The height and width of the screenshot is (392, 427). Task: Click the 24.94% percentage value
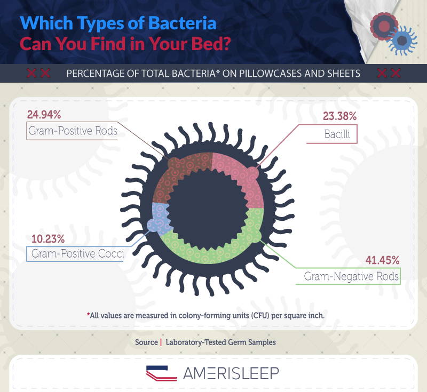[x=44, y=115]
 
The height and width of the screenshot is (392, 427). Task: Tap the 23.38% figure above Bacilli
[x=339, y=116]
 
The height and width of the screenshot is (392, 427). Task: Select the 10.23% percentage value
[x=48, y=239]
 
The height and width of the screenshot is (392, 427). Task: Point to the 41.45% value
[x=382, y=260]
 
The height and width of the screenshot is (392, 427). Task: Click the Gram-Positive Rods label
[x=73, y=131]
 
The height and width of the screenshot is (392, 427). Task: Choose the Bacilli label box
[x=331, y=134]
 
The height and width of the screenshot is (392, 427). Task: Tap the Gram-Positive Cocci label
[x=77, y=253]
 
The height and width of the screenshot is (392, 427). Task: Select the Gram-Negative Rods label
[x=351, y=276]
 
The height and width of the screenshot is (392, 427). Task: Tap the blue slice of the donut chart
[x=159, y=218]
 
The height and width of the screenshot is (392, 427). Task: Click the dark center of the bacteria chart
[x=208, y=209]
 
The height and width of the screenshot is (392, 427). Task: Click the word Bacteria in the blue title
[x=183, y=23]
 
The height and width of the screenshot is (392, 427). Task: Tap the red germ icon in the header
[x=384, y=26]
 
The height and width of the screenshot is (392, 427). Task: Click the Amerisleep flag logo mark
[x=162, y=373]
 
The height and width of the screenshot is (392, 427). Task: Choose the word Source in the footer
[x=146, y=342]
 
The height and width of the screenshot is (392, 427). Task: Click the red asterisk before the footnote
[x=88, y=315]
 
